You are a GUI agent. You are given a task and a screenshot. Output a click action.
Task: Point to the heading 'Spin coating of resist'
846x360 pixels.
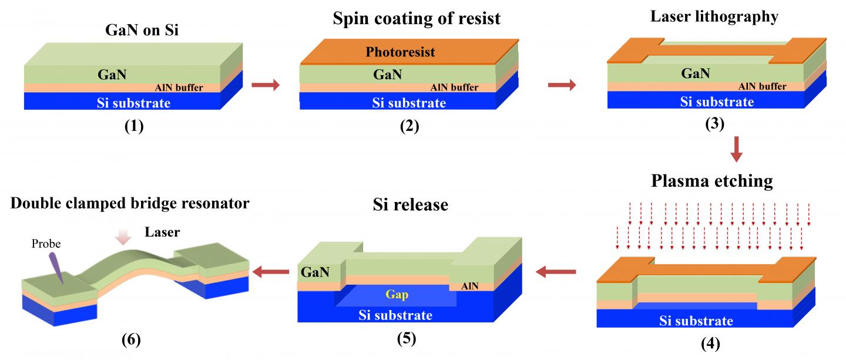(417, 18)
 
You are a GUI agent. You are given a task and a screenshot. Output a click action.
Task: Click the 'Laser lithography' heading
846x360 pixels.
(714, 17)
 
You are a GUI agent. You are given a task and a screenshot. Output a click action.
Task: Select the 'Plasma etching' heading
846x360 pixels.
(711, 181)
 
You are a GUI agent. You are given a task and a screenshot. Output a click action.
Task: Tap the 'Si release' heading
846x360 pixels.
(411, 205)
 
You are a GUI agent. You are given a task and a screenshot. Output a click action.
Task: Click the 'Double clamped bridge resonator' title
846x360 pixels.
(129, 204)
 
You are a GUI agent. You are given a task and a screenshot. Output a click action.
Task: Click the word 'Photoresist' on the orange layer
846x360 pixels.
(400, 52)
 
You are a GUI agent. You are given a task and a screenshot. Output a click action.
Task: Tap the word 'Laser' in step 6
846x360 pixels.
(162, 233)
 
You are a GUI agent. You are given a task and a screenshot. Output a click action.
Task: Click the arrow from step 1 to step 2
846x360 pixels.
(265, 86)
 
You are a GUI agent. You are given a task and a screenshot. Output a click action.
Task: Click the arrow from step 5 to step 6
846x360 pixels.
(271, 271)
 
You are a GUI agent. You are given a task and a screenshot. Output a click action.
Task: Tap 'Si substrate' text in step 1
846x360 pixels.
(133, 103)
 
